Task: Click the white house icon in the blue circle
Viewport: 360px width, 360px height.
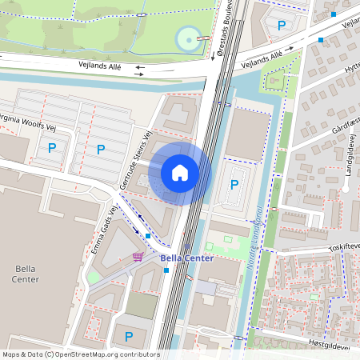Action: click(180, 173)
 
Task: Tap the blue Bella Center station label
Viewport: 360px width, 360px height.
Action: click(186, 258)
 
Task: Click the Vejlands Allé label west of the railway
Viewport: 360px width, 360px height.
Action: click(99, 68)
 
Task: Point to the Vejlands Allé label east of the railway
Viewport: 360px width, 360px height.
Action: click(262, 58)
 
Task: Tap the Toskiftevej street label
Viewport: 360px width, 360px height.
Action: click(345, 249)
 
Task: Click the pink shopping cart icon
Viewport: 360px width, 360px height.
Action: click(138, 257)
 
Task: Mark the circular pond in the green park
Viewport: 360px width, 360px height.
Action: click(189, 37)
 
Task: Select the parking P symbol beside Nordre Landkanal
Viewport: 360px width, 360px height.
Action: click(234, 185)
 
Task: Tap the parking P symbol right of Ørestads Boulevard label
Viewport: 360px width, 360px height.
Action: click(281, 26)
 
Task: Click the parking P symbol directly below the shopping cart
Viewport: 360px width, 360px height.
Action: click(128, 337)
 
